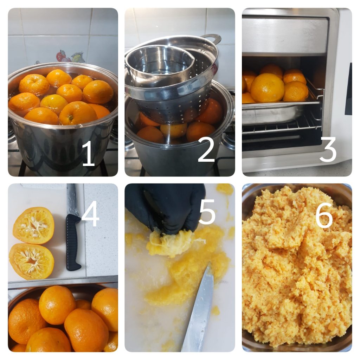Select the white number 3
click(328, 149)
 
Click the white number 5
click(207, 211)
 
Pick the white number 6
click(324, 215)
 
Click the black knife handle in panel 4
click(73, 242)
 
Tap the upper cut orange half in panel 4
click(34, 225)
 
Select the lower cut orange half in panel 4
click(32, 261)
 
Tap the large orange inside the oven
click(267, 88)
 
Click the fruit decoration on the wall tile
click(70, 57)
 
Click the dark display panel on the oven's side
click(348, 89)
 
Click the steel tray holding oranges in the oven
click(281, 112)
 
